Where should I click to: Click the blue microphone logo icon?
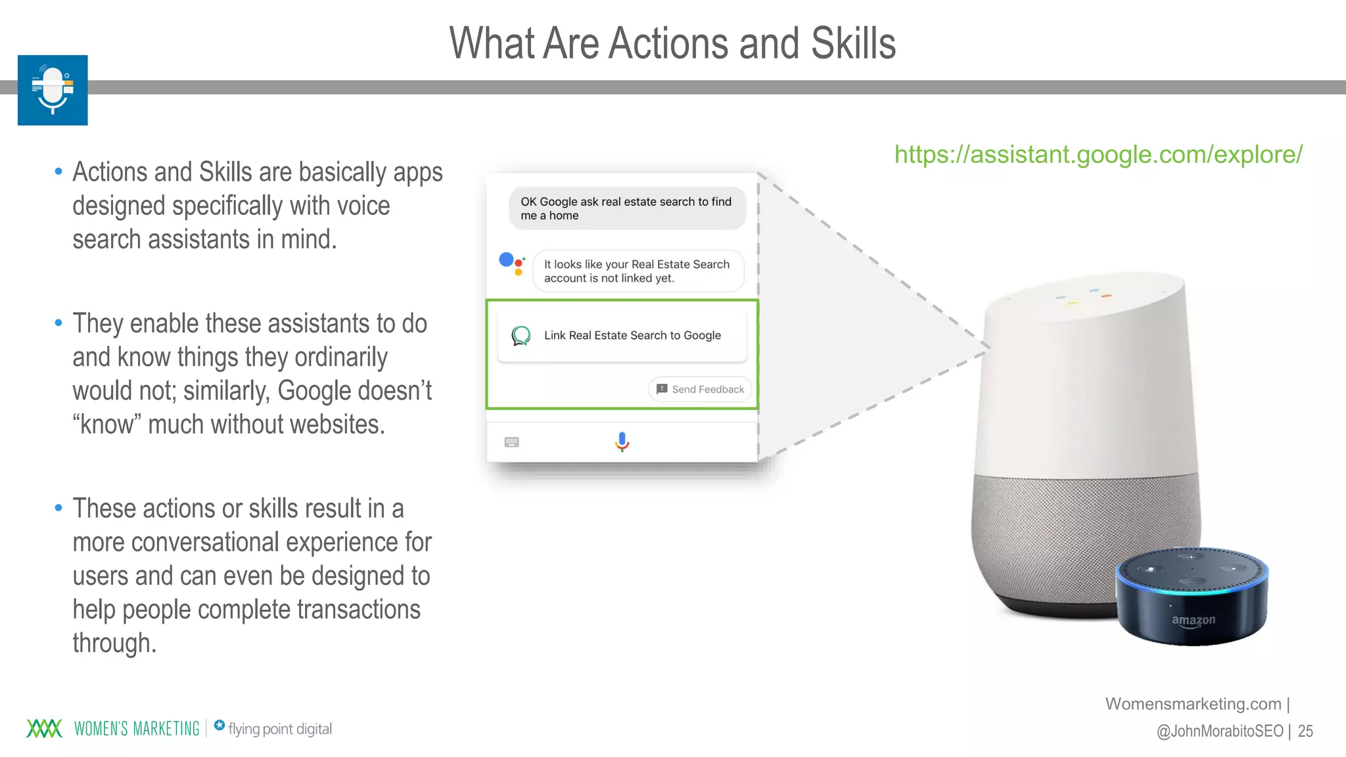click(53, 90)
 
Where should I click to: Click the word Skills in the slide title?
click(852, 43)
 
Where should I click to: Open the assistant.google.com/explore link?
click(1098, 154)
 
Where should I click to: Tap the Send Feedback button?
click(700, 389)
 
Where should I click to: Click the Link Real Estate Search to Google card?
click(622, 336)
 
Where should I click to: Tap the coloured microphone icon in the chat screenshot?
click(622, 442)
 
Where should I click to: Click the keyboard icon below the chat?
click(511, 442)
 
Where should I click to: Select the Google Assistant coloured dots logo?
click(512, 263)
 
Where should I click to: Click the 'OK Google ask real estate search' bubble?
click(627, 208)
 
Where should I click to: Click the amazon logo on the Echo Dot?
click(1194, 620)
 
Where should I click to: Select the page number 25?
click(1305, 731)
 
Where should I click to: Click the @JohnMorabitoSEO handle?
click(1219, 731)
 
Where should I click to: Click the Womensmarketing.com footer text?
click(1193, 704)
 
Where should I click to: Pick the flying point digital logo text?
click(279, 729)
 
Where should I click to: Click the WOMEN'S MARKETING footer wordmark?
click(137, 729)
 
